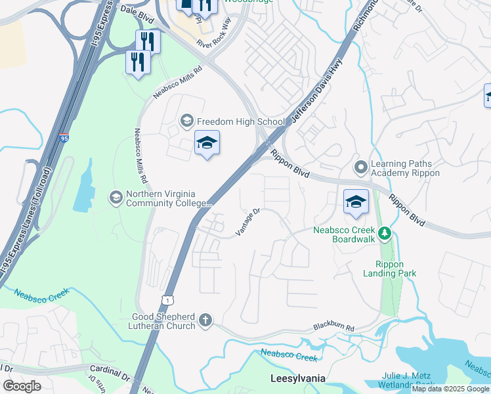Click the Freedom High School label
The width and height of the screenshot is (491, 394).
pyautogui.click(x=241, y=121)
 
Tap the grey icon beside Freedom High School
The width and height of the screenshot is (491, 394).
pyautogui.click(x=187, y=121)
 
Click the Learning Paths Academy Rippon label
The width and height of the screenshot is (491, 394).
pyautogui.click(x=405, y=168)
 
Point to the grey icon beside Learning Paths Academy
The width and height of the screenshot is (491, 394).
pyautogui.click(x=360, y=167)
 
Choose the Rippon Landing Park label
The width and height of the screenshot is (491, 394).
pyautogui.click(x=391, y=269)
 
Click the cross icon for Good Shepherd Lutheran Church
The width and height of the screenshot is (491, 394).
pyautogui.click(x=205, y=320)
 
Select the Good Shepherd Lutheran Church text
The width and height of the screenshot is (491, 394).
pyautogui.click(x=163, y=321)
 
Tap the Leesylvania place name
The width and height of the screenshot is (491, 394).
pyautogui.click(x=299, y=379)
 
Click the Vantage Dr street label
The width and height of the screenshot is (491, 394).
pyautogui.click(x=249, y=223)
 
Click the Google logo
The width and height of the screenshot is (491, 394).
pyautogui.click(x=22, y=386)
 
